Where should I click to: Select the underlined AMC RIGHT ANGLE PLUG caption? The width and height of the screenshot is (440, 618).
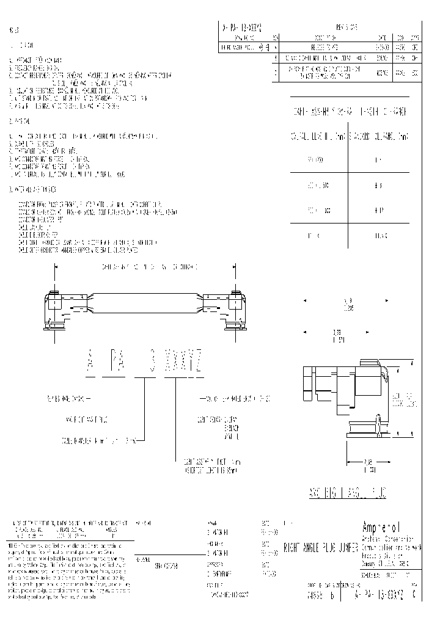point(346,493)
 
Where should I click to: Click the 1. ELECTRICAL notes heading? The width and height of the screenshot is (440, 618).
point(24,46)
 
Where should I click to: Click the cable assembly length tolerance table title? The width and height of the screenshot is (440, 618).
point(349,113)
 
